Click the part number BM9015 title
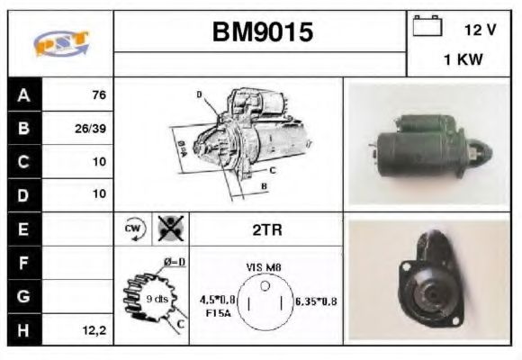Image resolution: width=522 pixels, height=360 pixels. pos(262,33)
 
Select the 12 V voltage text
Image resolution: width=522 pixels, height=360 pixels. pos(480,30)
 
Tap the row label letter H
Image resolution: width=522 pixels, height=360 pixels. pos(23,330)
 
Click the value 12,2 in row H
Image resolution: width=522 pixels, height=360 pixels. pos(94,330)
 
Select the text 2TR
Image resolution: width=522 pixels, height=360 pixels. pos(265,229)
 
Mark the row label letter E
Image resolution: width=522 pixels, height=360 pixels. pos(23,229)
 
